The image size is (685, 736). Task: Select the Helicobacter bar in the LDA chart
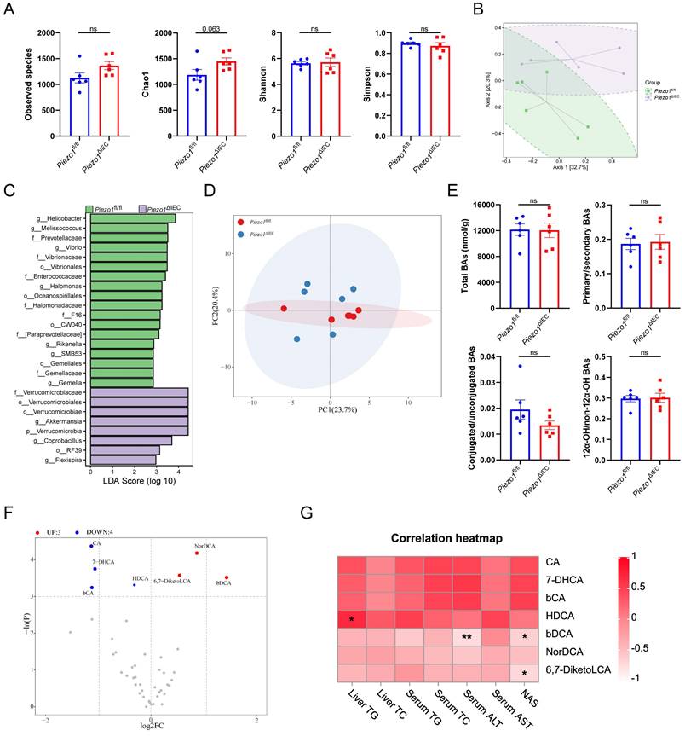(132, 218)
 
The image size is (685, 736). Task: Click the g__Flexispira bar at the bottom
(123, 460)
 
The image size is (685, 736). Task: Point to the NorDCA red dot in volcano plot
(197, 553)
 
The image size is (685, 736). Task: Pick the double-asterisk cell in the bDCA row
(466, 637)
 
